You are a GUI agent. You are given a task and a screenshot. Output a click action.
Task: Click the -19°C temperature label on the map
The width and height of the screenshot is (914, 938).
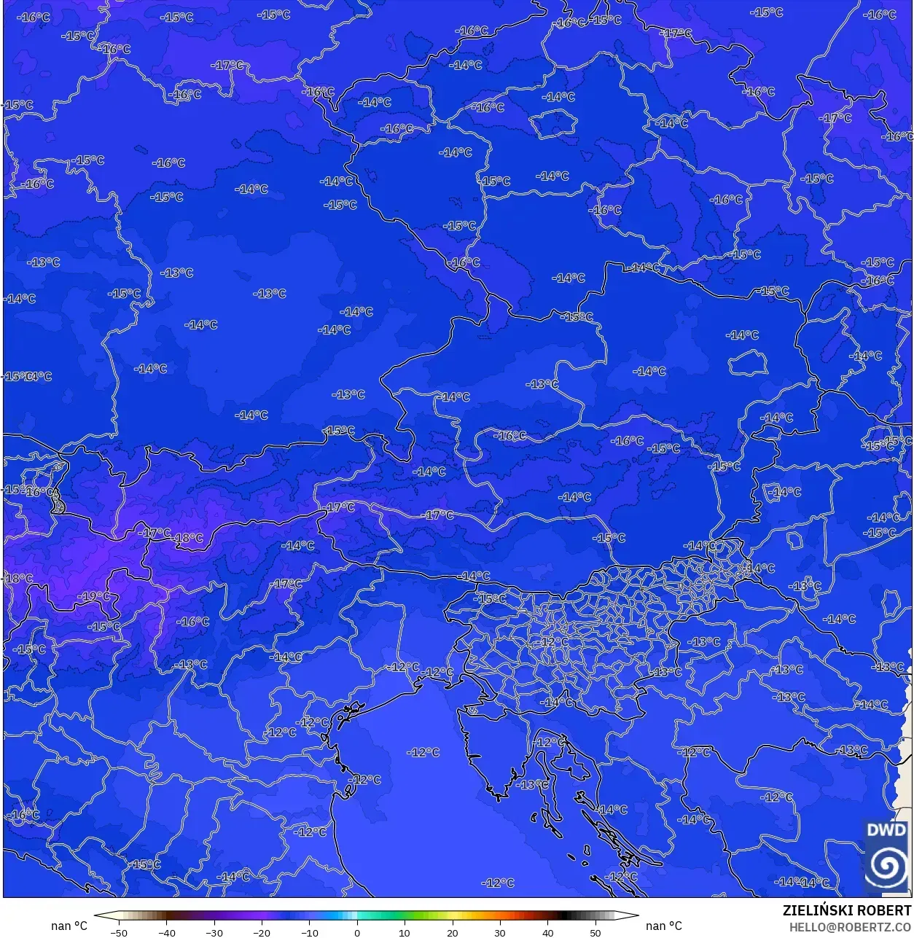click(x=95, y=596)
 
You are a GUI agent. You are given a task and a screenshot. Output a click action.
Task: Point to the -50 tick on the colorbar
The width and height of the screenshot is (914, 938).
click(x=118, y=932)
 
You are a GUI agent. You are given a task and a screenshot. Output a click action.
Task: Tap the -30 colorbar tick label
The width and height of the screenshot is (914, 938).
click(x=214, y=932)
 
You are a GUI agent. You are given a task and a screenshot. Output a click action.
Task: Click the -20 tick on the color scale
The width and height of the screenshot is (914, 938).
click(x=262, y=932)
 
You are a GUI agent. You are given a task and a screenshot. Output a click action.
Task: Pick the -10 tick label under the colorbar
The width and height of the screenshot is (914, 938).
click(x=309, y=932)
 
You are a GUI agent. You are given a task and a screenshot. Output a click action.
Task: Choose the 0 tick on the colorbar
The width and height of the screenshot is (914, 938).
click(x=357, y=932)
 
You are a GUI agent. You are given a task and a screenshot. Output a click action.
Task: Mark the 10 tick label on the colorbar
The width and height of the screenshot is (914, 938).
click(x=405, y=932)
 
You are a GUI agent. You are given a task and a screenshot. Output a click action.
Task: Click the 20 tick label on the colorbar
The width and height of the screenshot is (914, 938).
click(x=453, y=932)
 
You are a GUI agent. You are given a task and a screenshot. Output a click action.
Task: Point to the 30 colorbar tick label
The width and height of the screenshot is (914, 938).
click(x=500, y=932)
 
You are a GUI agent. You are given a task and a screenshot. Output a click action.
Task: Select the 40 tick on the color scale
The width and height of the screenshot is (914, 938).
click(x=548, y=932)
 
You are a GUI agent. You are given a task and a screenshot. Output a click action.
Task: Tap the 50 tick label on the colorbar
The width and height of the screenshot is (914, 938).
click(x=595, y=932)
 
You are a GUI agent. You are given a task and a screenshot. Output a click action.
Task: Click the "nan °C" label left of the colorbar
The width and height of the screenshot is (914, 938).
click(x=69, y=926)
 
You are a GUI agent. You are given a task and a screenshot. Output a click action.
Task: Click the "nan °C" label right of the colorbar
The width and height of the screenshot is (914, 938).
click(x=664, y=926)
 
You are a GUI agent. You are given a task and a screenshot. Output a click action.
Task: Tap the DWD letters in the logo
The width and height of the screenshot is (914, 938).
click(x=887, y=830)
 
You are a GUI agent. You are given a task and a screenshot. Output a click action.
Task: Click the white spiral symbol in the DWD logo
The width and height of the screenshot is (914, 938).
click(x=887, y=867)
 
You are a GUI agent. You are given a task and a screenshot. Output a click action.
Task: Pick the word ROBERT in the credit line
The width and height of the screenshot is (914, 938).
click(x=884, y=910)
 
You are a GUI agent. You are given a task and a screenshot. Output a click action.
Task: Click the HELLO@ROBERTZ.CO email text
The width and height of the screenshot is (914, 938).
click(x=850, y=926)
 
